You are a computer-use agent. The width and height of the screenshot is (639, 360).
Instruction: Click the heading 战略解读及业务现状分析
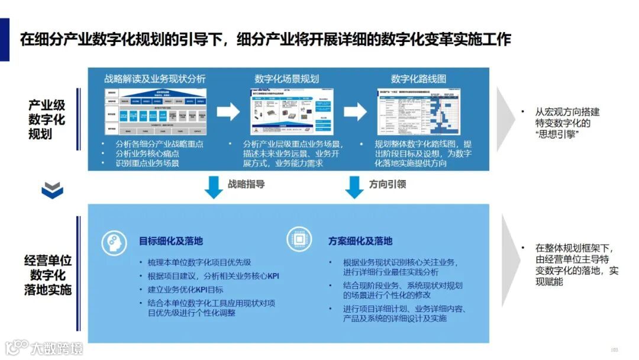point(155,79)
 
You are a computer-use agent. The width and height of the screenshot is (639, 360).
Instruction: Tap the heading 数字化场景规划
point(287,79)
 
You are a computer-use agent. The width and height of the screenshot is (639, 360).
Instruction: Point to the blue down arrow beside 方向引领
point(354,187)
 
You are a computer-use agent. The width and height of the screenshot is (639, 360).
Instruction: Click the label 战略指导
point(246,184)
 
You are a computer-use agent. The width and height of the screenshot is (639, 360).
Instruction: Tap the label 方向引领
point(388,184)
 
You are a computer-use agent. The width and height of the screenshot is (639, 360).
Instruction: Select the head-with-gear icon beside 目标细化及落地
point(114,241)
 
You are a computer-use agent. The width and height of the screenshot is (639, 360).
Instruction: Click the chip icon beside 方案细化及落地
point(299,241)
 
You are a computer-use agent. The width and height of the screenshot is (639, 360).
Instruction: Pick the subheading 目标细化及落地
point(170,241)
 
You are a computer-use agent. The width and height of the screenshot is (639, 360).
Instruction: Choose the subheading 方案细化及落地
point(360,241)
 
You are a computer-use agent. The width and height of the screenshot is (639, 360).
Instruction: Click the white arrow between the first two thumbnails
point(228,112)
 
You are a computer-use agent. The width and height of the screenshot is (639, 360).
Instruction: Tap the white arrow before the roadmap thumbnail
point(356,112)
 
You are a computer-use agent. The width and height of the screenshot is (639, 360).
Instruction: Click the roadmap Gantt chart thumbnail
point(419,112)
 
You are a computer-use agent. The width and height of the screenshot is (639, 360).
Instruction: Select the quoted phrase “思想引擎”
point(556,135)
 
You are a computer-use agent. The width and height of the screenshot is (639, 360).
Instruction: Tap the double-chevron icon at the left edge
point(53,189)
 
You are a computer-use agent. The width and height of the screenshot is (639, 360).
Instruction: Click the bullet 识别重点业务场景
point(147,163)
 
